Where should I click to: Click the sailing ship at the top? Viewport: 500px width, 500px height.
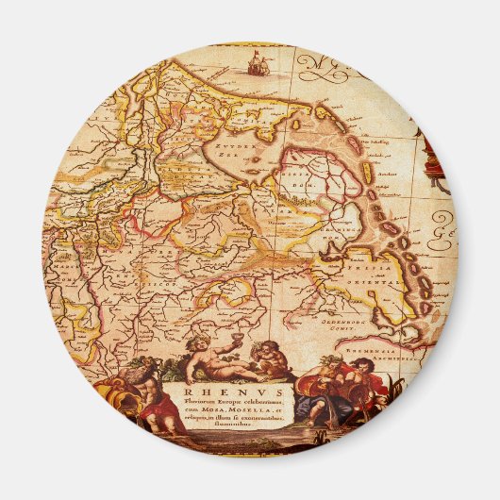pos(254,63)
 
